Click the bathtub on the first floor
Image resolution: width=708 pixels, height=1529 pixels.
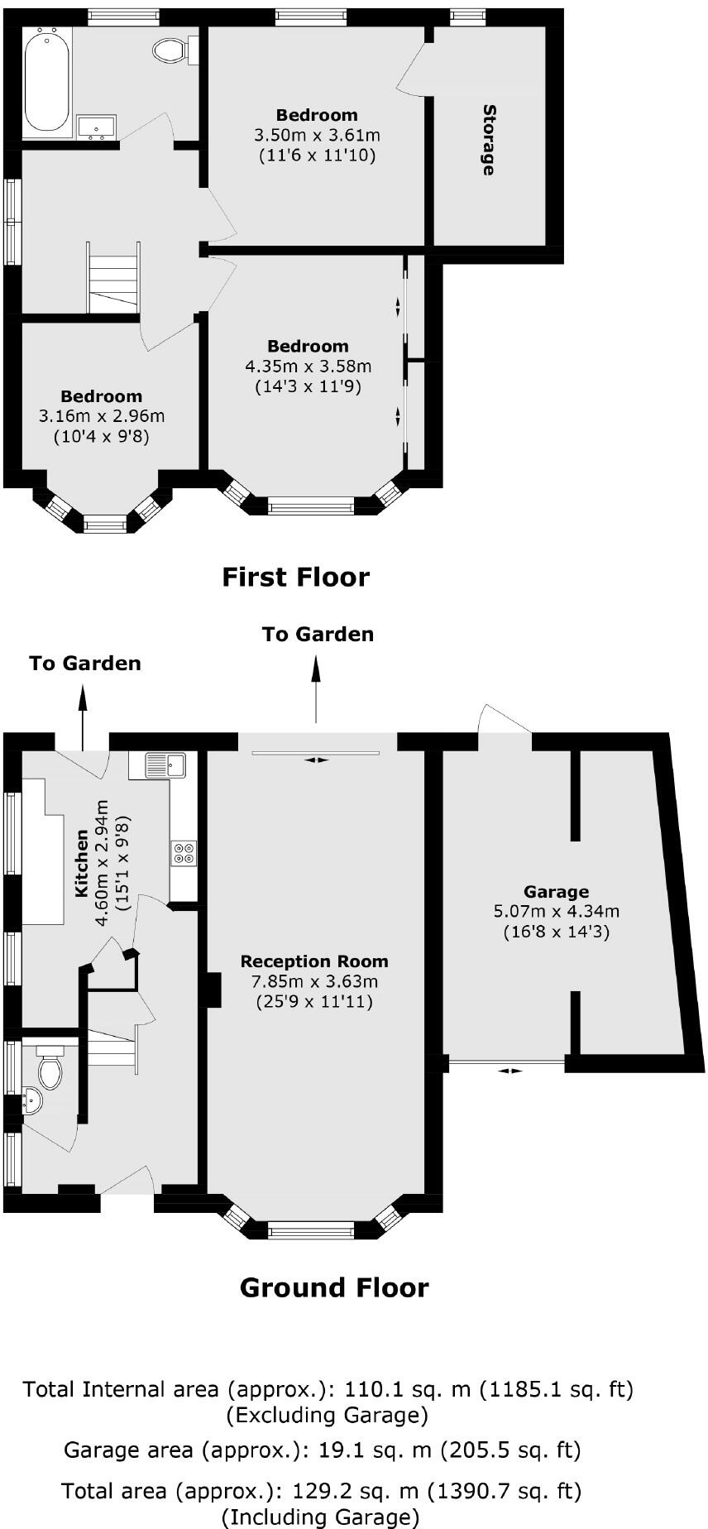[47, 79]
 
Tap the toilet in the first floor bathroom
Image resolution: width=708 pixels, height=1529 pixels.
[170, 50]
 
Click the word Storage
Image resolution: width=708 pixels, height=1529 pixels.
[489, 140]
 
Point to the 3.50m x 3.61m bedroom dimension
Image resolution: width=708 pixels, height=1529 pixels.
[317, 135]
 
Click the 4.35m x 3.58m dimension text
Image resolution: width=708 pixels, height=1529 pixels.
[308, 366]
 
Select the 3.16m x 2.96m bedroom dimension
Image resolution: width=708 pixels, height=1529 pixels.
[101, 416]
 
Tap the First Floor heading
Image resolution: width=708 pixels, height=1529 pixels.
[295, 577]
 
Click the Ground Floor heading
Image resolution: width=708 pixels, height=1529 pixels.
[334, 1287]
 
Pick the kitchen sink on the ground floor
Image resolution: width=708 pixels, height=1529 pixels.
[165, 765]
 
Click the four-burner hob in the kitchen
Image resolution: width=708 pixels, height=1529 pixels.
[184, 853]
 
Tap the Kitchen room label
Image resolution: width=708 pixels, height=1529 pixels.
[82, 864]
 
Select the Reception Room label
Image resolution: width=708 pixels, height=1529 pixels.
[314, 961]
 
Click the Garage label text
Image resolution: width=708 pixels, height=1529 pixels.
[556, 892]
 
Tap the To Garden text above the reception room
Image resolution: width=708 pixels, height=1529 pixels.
[318, 635]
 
